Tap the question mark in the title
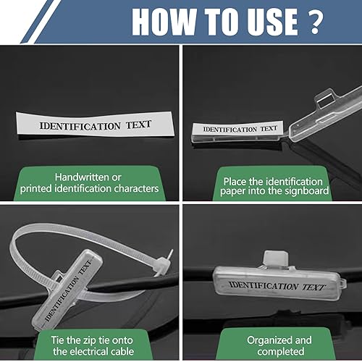click(314, 22)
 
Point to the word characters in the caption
click(136, 188)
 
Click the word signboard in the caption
click(307, 191)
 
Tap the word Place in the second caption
click(235, 182)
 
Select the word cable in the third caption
click(121, 351)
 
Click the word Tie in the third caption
click(57, 340)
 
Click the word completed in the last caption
click(281, 352)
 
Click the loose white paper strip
click(96, 124)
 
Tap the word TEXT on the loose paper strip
click(138, 125)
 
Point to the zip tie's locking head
click(161, 264)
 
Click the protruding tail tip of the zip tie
click(171, 253)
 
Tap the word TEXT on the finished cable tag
click(313, 287)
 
